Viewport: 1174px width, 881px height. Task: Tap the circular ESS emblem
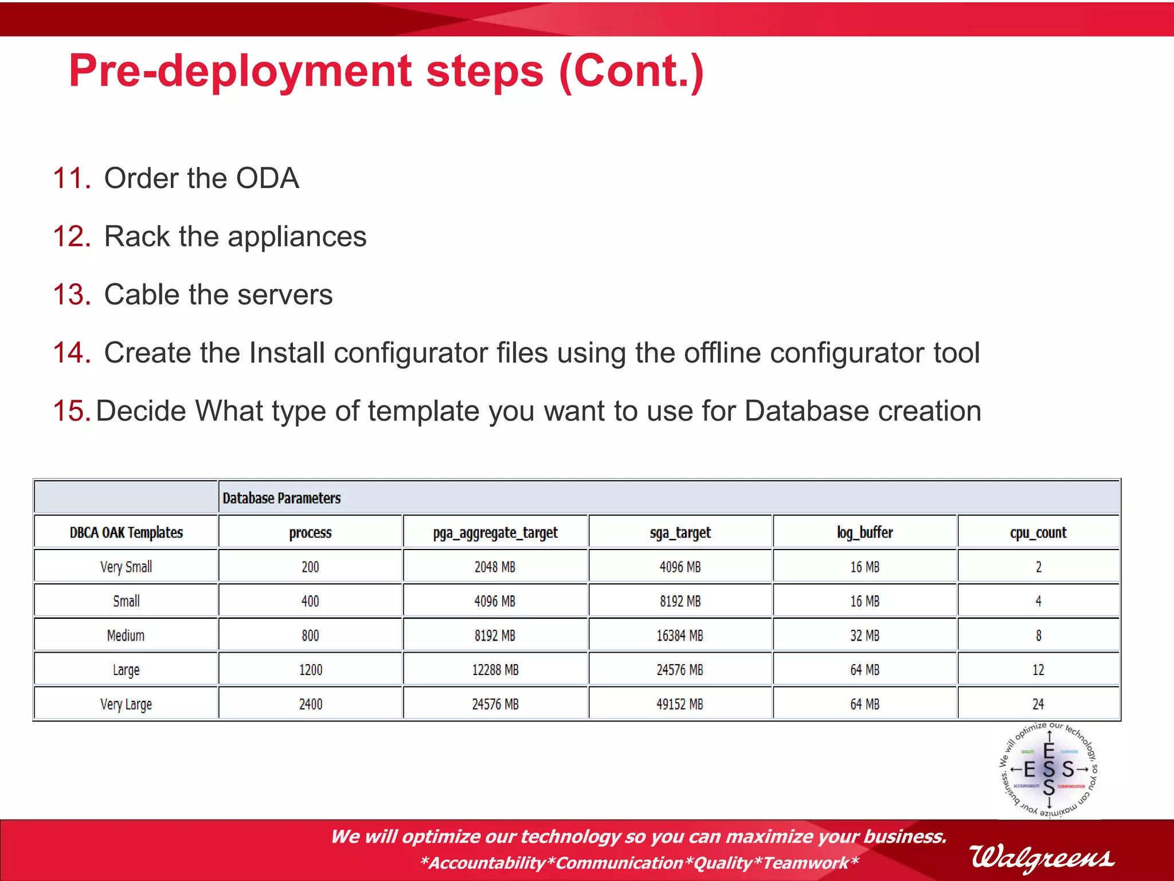point(1048,770)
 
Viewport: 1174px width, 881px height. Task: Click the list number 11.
point(71,178)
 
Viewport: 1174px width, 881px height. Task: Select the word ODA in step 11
point(267,178)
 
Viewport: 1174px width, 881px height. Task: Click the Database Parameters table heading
point(281,498)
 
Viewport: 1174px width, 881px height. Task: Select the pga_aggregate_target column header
point(495,533)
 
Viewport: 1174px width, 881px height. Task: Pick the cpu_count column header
point(1038,533)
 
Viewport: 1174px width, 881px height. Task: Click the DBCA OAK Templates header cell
point(126,533)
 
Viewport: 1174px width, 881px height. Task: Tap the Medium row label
point(126,636)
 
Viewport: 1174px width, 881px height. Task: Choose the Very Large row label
point(126,704)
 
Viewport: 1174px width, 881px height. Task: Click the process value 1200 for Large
point(311,670)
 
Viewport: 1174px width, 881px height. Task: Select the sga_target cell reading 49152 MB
point(680,704)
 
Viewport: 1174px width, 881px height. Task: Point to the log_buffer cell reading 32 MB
point(864,636)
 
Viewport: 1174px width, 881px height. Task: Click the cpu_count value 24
point(1038,704)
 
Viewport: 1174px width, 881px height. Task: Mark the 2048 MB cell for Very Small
point(495,567)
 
